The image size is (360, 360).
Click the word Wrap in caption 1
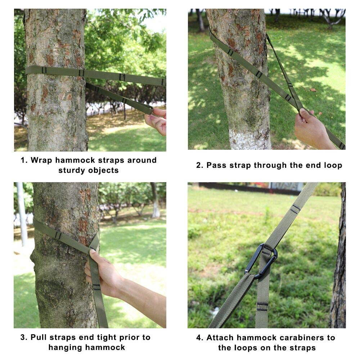point(41,160)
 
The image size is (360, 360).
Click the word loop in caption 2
point(333,165)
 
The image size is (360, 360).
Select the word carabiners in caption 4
point(301,338)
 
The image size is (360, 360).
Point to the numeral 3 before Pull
point(23,337)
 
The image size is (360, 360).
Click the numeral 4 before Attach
point(199,338)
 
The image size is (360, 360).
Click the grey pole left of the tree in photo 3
point(22,213)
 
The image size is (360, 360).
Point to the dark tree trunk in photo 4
point(338,255)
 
